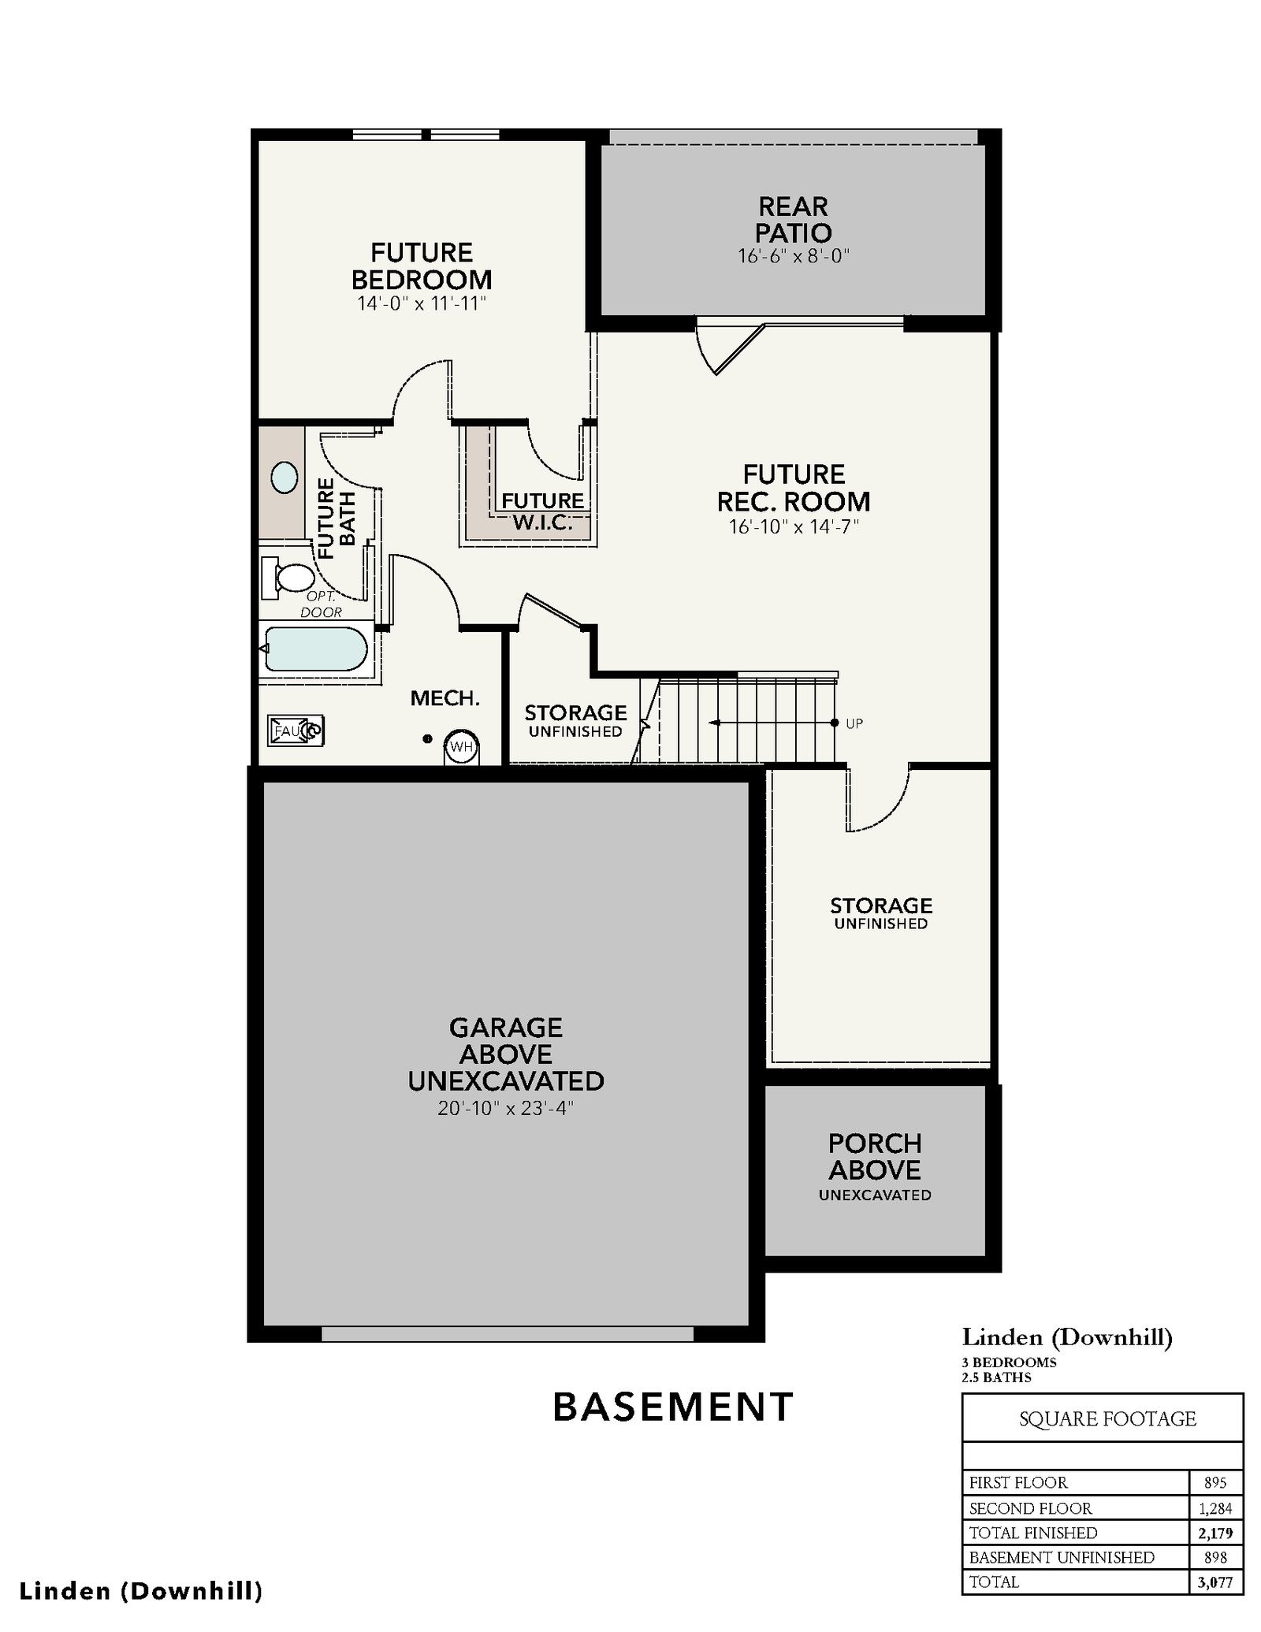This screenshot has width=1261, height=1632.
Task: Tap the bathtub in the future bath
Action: point(316,649)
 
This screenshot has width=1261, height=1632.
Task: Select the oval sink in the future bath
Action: point(285,478)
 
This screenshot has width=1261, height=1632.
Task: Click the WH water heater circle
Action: point(462,746)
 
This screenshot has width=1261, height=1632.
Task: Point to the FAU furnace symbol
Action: point(296,730)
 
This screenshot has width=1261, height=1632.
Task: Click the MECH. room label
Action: point(445,698)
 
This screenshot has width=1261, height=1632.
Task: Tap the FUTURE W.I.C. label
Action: point(543,511)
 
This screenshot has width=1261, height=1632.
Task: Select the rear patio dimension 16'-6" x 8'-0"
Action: point(794,256)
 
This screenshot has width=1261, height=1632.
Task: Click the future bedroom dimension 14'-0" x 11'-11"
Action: point(422,303)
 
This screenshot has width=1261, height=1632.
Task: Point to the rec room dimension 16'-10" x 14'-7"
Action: point(794,526)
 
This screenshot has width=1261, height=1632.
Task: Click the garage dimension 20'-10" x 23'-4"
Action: point(506,1108)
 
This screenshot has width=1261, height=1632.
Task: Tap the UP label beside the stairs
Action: point(854,723)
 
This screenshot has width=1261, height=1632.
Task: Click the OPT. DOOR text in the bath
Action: point(322,604)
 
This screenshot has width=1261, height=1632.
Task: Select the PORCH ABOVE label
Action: point(875,1157)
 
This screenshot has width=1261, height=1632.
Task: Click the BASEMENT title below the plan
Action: point(673,1407)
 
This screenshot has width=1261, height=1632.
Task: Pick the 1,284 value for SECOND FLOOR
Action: point(1215,1508)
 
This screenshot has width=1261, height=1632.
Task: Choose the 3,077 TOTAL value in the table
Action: point(1215,1582)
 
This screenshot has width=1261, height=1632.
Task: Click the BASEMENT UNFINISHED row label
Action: point(1062,1557)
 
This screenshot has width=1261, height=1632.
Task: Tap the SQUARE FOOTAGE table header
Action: point(1107,1418)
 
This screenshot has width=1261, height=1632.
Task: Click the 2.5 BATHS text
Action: point(997,1377)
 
